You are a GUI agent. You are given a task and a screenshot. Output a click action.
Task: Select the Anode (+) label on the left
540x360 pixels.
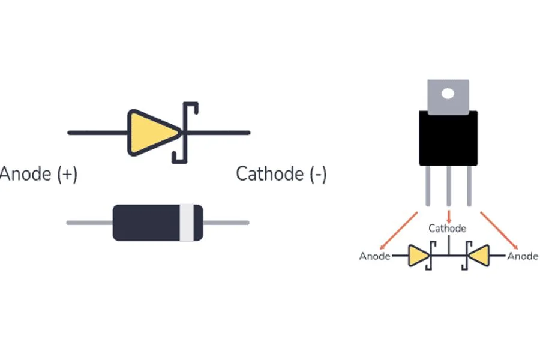coord(38,175)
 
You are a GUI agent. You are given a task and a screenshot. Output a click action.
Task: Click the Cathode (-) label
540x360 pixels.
coord(281,175)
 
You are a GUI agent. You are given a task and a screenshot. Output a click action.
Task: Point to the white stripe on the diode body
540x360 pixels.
coord(188,223)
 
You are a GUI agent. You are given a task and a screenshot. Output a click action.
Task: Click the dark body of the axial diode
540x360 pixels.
coord(147,223)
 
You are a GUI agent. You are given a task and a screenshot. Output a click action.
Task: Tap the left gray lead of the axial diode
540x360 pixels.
coord(89,223)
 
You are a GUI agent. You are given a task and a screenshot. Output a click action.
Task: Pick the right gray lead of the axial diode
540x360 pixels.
coord(226,223)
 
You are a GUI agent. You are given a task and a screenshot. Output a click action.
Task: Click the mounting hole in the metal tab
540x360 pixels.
coord(447,94)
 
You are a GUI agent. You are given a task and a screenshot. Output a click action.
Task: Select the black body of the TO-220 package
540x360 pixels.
coord(448,138)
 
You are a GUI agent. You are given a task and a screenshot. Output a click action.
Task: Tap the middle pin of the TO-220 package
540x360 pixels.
coord(448,186)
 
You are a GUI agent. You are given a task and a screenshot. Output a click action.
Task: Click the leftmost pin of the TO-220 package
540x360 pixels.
coord(427,186)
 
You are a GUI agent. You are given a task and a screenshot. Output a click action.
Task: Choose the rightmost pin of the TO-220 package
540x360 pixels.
coord(469,186)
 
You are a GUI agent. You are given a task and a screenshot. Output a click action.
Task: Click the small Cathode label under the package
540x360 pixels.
coord(447,229)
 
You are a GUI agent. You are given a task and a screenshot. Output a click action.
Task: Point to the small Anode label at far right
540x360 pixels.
coord(523,257)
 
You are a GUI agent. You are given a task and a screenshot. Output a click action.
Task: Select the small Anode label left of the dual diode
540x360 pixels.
coord(374,257)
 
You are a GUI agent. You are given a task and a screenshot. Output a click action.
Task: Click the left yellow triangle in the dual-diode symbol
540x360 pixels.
coord(418,257)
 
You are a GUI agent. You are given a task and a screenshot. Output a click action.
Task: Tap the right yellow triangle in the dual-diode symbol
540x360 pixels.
coord(478,257)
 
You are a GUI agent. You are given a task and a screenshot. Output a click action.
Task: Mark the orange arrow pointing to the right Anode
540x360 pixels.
coord(498,229)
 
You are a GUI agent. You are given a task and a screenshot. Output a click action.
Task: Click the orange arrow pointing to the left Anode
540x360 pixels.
coord(399,229)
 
